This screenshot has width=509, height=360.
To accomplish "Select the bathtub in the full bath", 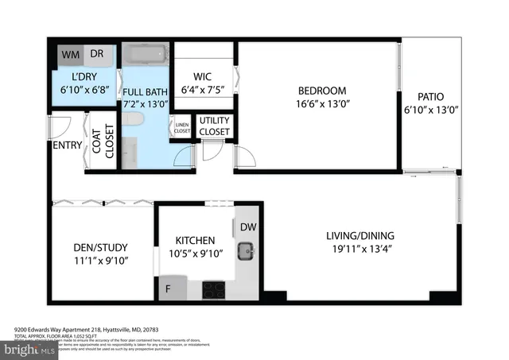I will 146,56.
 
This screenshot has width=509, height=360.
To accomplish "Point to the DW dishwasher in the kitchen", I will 247,228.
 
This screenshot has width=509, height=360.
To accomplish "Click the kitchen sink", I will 247,254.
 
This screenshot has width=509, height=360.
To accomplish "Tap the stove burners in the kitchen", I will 212,289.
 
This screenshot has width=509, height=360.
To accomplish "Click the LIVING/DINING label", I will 359,235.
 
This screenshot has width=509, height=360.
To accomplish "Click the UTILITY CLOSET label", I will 214,126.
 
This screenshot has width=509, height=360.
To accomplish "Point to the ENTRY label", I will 67,145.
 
